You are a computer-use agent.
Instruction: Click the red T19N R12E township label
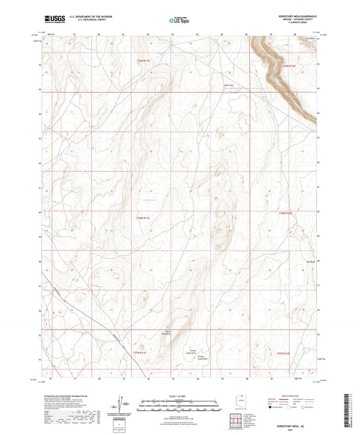click(x=289, y=66)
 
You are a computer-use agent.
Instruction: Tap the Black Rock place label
click(x=238, y=86)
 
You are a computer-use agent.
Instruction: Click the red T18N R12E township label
click(x=288, y=212)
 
